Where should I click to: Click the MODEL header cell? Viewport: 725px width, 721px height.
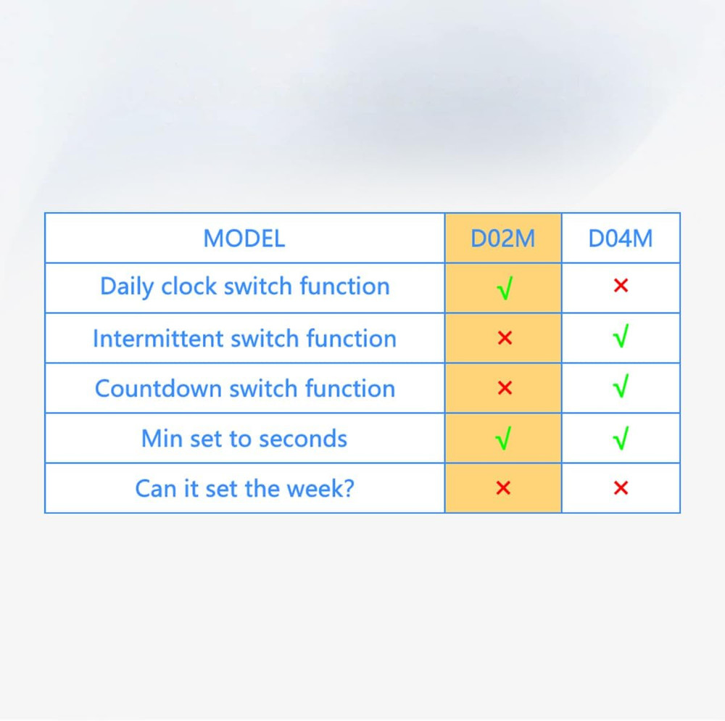pyautogui.click(x=244, y=239)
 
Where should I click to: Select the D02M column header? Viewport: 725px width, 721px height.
pyautogui.click(x=502, y=239)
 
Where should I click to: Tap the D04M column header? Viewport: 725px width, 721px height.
pyautogui.click(x=620, y=239)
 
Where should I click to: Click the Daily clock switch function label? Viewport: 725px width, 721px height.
pyautogui.click(x=244, y=287)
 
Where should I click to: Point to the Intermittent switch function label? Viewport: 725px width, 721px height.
pyautogui.click(x=244, y=338)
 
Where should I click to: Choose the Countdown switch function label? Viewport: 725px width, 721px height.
pyautogui.click(x=244, y=389)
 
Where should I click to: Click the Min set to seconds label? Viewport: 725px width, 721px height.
pyautogui.click(x=244, y=439)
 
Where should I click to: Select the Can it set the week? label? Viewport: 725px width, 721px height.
pyautogui.click(x=244, y=488)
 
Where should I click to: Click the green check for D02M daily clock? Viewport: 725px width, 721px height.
pyautogui.click(x=505, y=289)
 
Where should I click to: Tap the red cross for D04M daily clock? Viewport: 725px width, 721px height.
pyautogui.click(x=620, y=286)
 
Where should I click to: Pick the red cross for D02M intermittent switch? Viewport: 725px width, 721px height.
pyautogui.click(x=505, y=338)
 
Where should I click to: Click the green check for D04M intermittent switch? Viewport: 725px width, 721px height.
pyautogui.click(x=620, y=337)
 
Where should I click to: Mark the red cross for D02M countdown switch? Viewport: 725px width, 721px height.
pyautogui.click(x=505, y=388)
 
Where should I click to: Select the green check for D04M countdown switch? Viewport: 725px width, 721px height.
pyautogui.click(x=620, y=387)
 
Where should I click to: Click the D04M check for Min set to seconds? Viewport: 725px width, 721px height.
pyautogui.click(x=620, y=438)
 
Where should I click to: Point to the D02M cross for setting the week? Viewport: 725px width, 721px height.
pyautogui.click(x=503, y=488)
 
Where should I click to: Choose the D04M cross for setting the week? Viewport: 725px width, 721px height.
pyautogui.click(x=620, y=488)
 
